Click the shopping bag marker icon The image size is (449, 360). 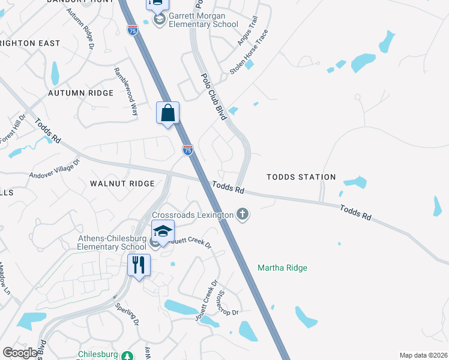click(x=168, y=113)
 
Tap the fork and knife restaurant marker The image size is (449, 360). click(x=139, y=265)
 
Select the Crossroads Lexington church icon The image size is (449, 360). click(x=243, y=214)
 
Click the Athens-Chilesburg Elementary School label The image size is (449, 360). click(x=112, y=242)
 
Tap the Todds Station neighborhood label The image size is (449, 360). click(x=301, y=177)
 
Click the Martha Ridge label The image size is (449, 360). click(x=282, y=268)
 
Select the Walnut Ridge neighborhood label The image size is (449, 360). click(x=122, y=183)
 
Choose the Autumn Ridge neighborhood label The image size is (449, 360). click(x=80, y=93)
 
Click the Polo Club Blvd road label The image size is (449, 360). click(x=213, y=95)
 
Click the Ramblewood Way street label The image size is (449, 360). click(x=126, y=91)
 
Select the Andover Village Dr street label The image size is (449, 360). click(x=55, y=169)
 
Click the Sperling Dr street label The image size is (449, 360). click(x=127, y=314)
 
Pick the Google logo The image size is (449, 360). click(x=20, y=352)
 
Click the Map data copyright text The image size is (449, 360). click(x=423, y=355)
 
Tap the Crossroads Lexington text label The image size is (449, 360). click(x=192, y=215)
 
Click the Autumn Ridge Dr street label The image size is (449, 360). click(x=81, y=28)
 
